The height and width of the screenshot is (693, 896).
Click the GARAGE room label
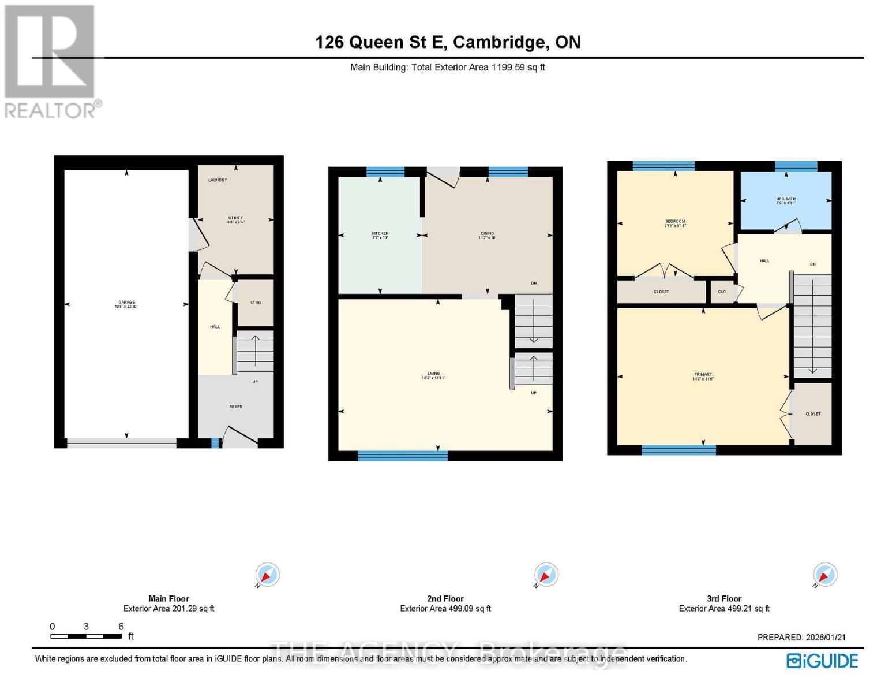pos(126,304)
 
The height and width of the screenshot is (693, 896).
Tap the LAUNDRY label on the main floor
pos(218,180)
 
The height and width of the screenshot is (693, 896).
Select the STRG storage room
pos(256,303)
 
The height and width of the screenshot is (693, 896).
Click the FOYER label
pos(235,407)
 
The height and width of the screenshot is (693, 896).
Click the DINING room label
pos(487,235)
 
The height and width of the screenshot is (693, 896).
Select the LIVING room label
pos(433,375)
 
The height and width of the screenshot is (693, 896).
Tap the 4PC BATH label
pos(786,200)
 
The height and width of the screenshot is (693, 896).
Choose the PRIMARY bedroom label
pos(703,377)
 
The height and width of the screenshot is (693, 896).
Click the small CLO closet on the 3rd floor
pos(722,292)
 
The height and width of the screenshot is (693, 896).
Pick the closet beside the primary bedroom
pos(813,414)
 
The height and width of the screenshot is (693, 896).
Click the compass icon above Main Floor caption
pos(268,575)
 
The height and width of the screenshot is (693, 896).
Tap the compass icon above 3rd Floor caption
pos(825,575)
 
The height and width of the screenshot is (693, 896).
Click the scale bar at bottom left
pos(86,636)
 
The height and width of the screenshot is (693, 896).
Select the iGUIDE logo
pos(822,661)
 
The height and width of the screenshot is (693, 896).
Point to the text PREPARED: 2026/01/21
pos(801,637)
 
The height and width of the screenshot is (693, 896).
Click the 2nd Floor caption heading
pos(445,599)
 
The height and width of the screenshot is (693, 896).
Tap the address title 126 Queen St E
pos(448,42)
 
